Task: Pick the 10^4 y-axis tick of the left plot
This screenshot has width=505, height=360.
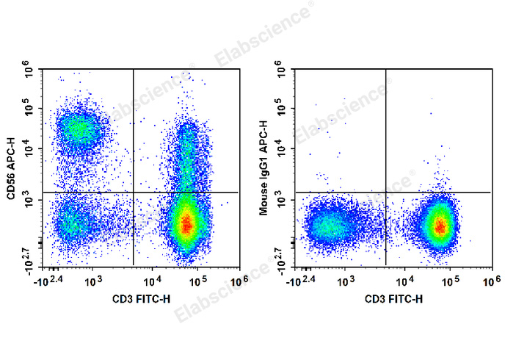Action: (30, 150)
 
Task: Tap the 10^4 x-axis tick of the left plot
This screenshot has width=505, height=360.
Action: (153, 281)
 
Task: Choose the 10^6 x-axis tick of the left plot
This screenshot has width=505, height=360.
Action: (236, 281)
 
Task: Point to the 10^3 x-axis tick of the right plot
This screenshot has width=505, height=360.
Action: (346, 281)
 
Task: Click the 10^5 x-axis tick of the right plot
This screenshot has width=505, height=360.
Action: (450, 281)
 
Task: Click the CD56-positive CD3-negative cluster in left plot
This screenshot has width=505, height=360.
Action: (79, 130)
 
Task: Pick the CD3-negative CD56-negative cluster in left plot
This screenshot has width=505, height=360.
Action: (72, 222)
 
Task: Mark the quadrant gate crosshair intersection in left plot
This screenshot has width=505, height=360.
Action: (133, 192)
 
